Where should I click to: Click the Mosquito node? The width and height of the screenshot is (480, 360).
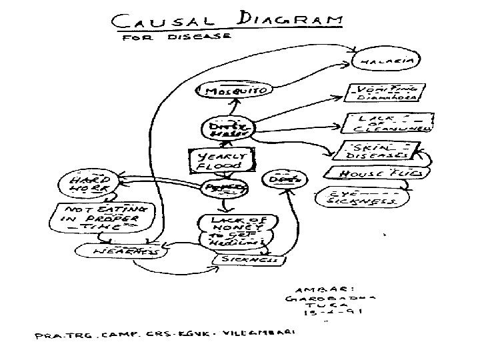228,90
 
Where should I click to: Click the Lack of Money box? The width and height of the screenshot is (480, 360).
230,230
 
